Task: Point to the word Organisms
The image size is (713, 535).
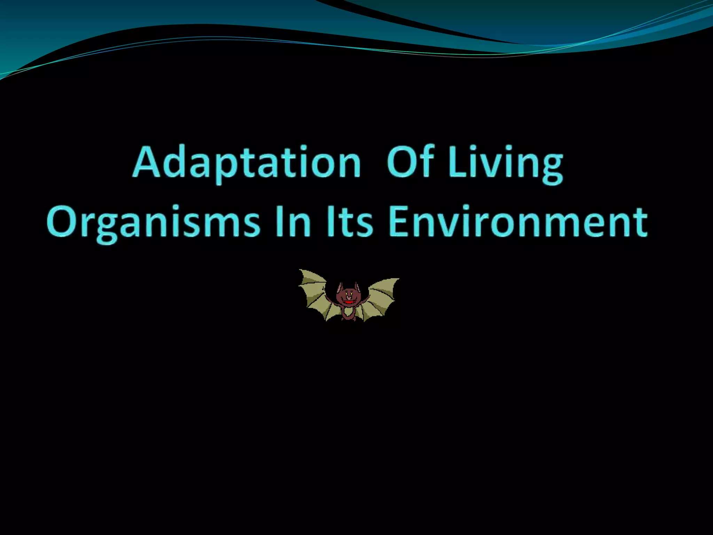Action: tap(153, 222)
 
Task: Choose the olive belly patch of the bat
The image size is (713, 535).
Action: tap(348, 312)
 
